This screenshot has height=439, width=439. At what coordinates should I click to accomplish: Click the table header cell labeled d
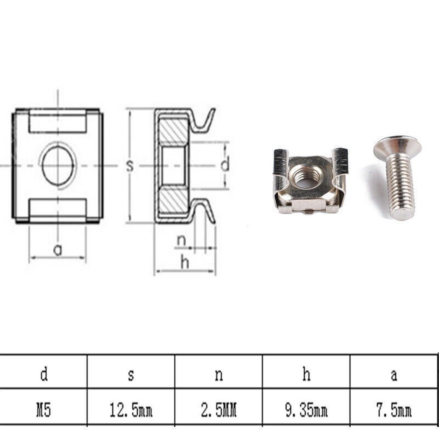(x=44, y=375)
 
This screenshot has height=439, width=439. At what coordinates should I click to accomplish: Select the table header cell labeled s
(x=131, y=375)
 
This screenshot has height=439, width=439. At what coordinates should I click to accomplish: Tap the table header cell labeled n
(x=219, y=375)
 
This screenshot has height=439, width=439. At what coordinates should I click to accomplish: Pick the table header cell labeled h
(x=306, y=375)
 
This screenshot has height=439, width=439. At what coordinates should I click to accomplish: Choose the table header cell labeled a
(x=394, y=375)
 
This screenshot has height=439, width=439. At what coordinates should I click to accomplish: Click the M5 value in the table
(x=44, y=411)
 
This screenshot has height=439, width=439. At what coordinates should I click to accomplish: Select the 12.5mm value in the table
(x=131, y=411)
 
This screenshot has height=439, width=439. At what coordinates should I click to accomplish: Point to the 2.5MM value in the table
(x=219, y=411)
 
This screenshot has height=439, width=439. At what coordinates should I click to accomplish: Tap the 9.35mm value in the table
(x=306, y=411)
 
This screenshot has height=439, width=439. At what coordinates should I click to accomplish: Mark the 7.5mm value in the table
(x=394, y=411)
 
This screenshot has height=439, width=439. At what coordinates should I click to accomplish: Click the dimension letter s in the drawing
(x=130, y=166)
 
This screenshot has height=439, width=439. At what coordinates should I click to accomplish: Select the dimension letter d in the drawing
(x=225, y=166)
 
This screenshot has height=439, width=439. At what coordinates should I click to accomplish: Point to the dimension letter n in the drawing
(x=181, y=241)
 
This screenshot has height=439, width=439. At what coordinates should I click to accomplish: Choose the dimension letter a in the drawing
(x=58, y=250)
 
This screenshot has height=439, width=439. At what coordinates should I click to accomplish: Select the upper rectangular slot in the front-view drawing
(x=58, y=122)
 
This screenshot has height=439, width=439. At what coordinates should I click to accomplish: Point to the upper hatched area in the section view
(x=173, y=132)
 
